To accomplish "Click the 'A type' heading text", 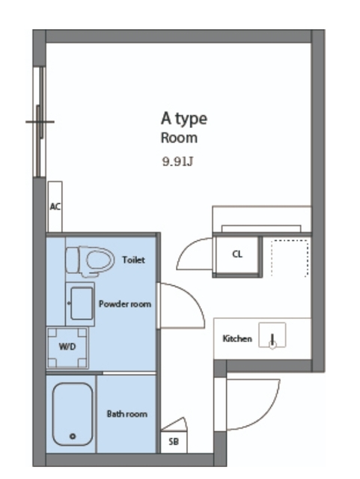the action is (x=183, y=118).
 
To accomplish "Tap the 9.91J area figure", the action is (x=177, y=161).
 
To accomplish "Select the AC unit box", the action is (x=55, y=207).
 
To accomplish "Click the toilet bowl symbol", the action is (x=90, y=261).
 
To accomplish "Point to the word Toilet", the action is (x=133, y=260).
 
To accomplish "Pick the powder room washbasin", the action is (x=80, y=304).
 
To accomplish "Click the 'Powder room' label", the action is (x=125, y=304).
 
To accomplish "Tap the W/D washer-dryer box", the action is (x=67, y=347).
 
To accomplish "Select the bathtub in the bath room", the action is (x=72, y=414).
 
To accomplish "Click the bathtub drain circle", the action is (x=73, y=436).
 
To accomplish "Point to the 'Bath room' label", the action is (x=126, y=414).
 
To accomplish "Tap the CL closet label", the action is (x=237, y=254).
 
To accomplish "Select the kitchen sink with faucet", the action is (x=272, y=335).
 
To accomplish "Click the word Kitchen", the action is (x=237, y=338).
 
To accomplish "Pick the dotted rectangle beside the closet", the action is (x=290, y=258).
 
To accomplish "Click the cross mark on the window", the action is (x=40, y=122).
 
